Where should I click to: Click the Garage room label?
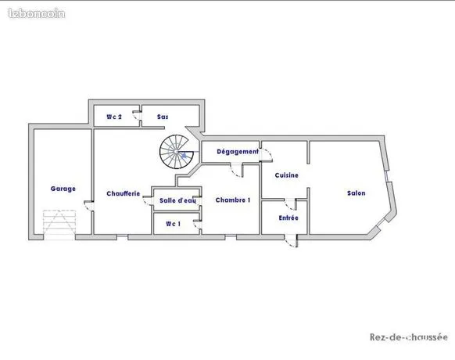pos(63,189)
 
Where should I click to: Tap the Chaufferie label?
pos(124,193)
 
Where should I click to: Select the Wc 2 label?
pos(114,117)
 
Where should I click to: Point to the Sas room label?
pos(163,117)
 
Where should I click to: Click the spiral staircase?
pos(177,152)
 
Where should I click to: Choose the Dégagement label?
pos(238,152)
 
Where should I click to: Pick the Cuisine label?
pos(287,175)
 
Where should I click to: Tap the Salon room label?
pos(356,193)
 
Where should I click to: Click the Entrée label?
pos(288,218)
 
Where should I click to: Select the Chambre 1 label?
pos(233,200)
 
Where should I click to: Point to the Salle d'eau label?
pos(177,201)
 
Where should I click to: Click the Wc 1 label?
pos(174,224)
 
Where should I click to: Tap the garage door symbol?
pos(59,225)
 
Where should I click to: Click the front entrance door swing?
pos(291,241)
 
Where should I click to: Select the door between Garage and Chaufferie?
pos(89,205)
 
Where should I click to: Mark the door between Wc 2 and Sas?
pos(137,116)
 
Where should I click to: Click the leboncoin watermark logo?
pos(37,13)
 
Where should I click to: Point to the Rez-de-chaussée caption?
pos(409,337)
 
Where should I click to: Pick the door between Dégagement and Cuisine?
pos(267,155)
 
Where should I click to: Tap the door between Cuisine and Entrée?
pos(291,204)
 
